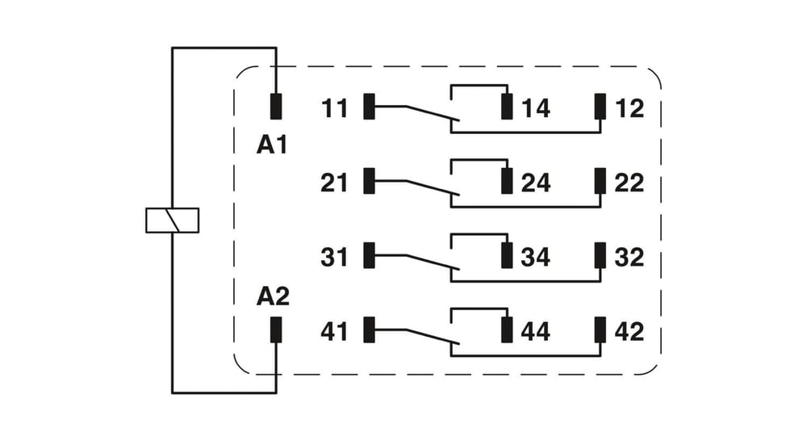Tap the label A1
click(x=272, y=145)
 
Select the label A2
click(x=273, y=296)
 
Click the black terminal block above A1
click(x=276, y=107)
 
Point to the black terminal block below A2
click(x=276, y=330)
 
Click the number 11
click(x=335, y=108)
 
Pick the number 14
click(x=536, y=108)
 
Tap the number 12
click(x=629, y=108)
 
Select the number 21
click(x=335, y=183)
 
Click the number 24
click(x=536, y=183)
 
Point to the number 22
click(x=629, y=183)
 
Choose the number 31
click(x=335, y=257)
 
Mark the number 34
click(x=536, y=257)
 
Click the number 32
click(x=629, y=257)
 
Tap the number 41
click(x=335, y=331)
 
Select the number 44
click(x=536, y=331)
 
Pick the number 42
click(x=629, y=331)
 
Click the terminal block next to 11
click(x=369, y=107)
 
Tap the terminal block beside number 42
click(x=600, y=330)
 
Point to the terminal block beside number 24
click(x=507, y=181)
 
